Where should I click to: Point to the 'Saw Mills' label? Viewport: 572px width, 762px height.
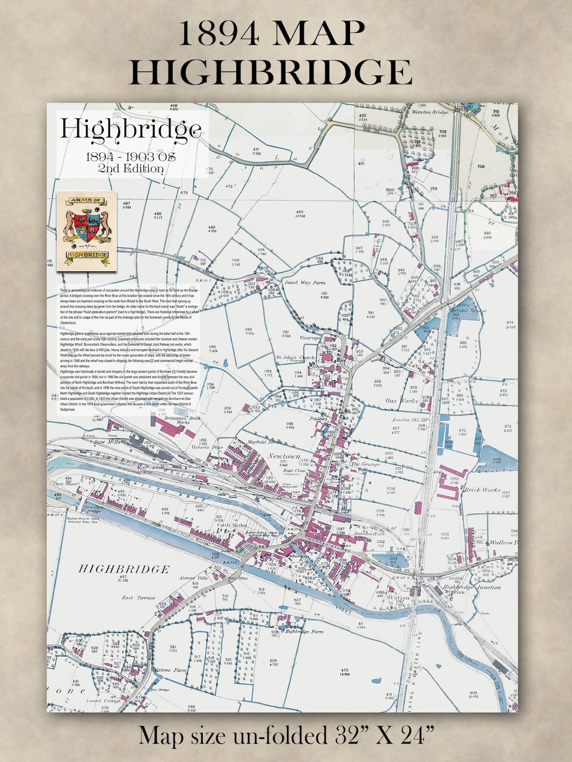(x=109, y=441)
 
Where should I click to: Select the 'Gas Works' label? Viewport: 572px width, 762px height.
(x=402, y=401)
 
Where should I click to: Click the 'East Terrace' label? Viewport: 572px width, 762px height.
(x=138, y=597)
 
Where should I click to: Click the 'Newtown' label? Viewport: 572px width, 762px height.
(x=284, y=456)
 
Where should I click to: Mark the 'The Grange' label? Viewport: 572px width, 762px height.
(x=365, y=464)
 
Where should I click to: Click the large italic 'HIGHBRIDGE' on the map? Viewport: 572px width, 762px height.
(x=124, y=569)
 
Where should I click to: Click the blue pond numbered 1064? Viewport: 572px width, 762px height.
(x=397, y=559)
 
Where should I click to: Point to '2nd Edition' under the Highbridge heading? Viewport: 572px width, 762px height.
(x=130, y=169)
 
